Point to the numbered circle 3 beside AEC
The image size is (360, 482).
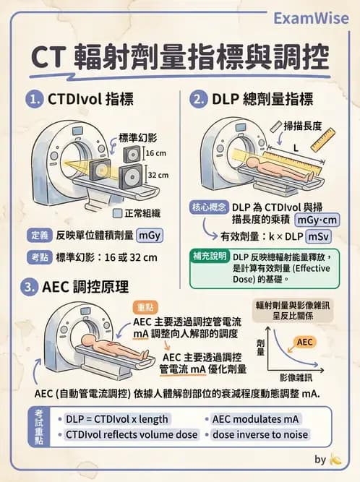30,286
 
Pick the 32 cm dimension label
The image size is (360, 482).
158,175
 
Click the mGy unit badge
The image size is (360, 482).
150,235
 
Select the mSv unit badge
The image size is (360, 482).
317,236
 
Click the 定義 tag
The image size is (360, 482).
40,235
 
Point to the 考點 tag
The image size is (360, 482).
40,257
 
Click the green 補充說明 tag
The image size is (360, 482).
209,257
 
